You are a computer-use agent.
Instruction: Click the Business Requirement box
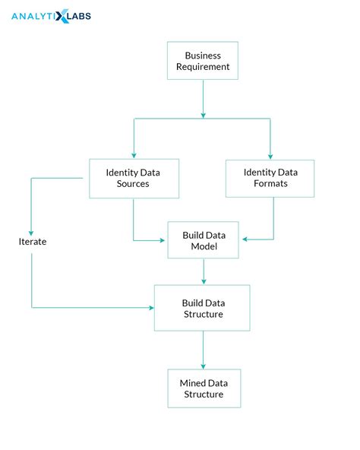[202, 61]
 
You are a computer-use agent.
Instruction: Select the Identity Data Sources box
[134, 178]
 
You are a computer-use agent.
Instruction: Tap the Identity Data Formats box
[271, 178]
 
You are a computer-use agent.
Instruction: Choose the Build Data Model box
[203, 240]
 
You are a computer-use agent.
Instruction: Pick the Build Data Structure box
[203, 308]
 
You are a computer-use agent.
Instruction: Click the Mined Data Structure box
[203, 388]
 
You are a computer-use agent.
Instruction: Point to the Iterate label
[33, 241]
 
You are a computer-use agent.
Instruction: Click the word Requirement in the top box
[202, 67]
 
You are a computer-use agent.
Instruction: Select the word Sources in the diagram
[134, 184]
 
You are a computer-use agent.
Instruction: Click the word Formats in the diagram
[271, 184]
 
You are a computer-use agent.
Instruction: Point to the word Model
[203, 246]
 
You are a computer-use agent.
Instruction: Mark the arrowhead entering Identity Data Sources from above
[134, 155]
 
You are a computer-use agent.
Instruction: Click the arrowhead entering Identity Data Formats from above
[271, 155]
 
